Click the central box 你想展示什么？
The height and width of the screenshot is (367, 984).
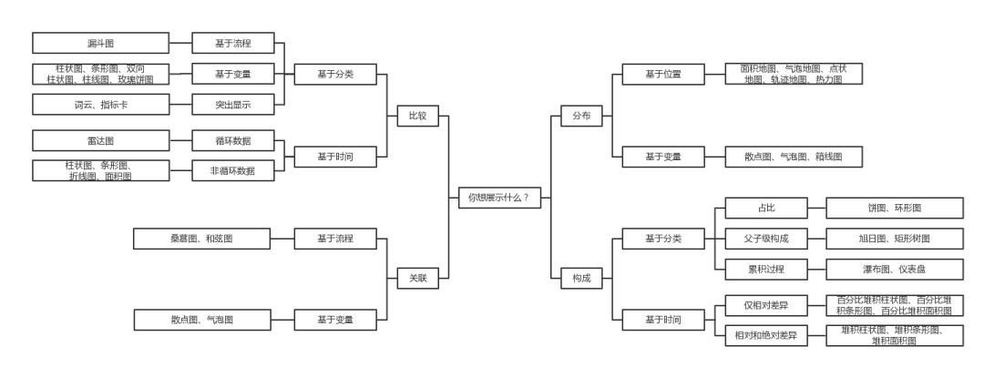tap(499, 198)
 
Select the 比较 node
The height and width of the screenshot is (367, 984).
tap(418, 116)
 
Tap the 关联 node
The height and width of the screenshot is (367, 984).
tap(418, 278)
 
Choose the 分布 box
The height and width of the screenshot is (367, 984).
tap(581, 116)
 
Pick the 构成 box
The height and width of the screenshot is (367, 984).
tap(581, 278)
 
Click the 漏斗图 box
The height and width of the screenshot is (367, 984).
tap(100, 44)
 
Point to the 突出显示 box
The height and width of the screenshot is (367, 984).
tap(233, 104)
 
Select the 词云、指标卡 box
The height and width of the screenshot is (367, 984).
tap(100, 104)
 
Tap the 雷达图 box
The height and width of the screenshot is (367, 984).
tap(100, 140)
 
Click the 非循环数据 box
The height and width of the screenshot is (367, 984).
tap(233, 170)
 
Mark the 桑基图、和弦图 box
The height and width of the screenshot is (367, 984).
tap(202, 239)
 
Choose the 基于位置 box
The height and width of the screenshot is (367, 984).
tap(663, 74)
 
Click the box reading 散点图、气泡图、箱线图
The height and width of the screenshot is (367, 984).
tap(794, 157)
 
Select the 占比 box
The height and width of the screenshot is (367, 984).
tap(766, 208)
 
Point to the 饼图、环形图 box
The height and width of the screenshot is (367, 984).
tap(895, 208)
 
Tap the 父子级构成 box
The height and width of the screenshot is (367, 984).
tap(766, 239)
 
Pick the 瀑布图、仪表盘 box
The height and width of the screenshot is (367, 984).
tap(895, 270)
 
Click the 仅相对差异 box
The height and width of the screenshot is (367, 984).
tap(766, 305)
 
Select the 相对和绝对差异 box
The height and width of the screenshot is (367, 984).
tap(766, 336)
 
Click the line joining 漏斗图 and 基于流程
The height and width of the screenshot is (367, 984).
tap(180, 44)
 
